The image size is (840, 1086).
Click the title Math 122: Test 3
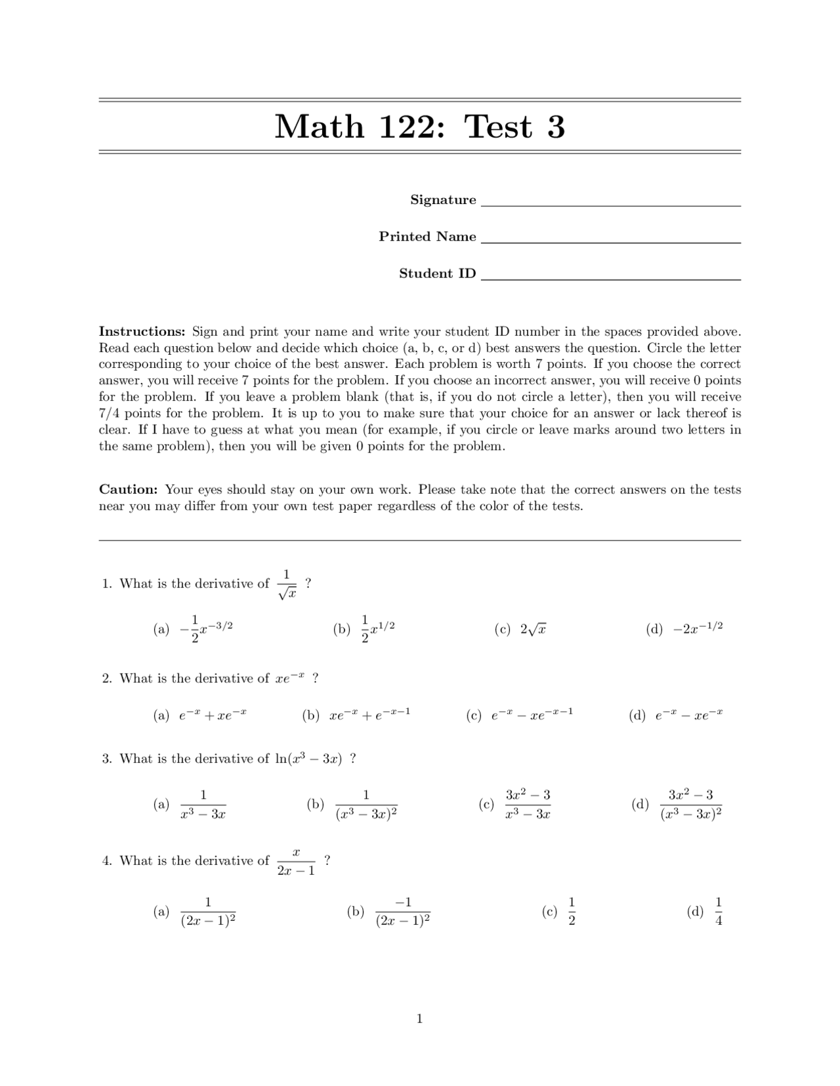pos(419,126)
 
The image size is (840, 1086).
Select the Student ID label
pos(437,273)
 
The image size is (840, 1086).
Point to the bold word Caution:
pos(129,489)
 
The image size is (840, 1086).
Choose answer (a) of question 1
pos(194,629)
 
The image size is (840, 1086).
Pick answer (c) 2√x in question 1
pos(522,629)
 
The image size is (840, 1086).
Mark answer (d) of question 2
pos(676,715)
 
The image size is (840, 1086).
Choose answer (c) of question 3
pos(516,805)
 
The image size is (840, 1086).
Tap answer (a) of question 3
pos(190,805)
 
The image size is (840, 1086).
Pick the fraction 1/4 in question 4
pos(718,912)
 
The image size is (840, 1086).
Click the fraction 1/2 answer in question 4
pos(571,912)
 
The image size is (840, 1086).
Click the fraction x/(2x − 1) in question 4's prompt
pos(296,861)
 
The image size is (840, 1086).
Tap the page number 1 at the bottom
pos(419,1018)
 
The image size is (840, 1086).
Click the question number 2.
pos(107,679)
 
